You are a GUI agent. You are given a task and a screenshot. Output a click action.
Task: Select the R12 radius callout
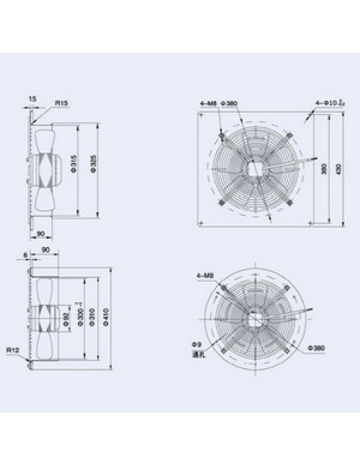click(13, 349)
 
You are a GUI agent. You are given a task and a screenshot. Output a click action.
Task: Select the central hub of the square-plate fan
click(255, 167)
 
